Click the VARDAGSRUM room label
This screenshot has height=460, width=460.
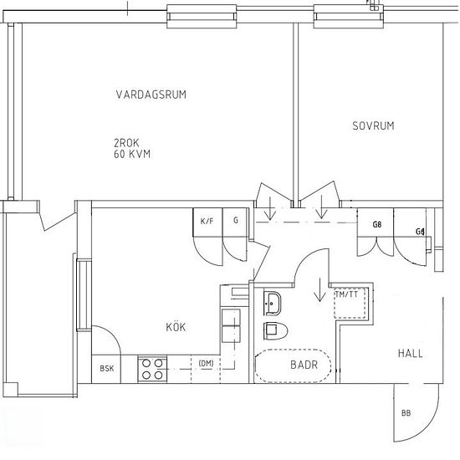pyautogui.click(x=151, y=95)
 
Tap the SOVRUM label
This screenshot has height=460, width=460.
pyautogui.click(x=373, y=125)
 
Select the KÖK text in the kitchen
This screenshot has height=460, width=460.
pyautogui.click(x=176, y=326)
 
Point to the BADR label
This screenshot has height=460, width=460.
pyautogui.click(x=304, y=365)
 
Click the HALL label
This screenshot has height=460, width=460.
pyautogui.click(x=411, y=353)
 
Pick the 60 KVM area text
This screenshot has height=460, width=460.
pyautogui.click(x=132, y=154)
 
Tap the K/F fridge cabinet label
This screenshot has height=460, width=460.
pyautogui.click(x=207, y=221)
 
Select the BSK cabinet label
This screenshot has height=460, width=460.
pyautogui.click(x=107, y=369)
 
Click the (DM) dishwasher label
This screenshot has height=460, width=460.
pyautogui.click(x=206, y=364)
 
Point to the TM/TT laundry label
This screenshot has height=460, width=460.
pyautogui.click(x=346, y=294)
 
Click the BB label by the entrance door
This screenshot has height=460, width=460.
pyautogui.click(x=406, y=413)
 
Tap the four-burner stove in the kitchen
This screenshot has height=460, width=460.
pyautogui.click(x=152, y=369)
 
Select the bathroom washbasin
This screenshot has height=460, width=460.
pyautogui.click(x=273, y=304)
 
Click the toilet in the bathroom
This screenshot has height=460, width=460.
pyautogui.click(x=275, y=331)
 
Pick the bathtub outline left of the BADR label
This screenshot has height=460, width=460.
pyautogui.click(x=257, y=365)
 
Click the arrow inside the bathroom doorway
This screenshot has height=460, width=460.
pyautogui.click(x=319, y=290)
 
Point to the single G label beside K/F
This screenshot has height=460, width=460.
pyautogui.click(x=236, y=220)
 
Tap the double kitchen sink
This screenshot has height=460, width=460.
pyautogui.click(x=231, y=325)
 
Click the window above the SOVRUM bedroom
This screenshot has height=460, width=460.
pyautogui.click(x=349, y=16)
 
